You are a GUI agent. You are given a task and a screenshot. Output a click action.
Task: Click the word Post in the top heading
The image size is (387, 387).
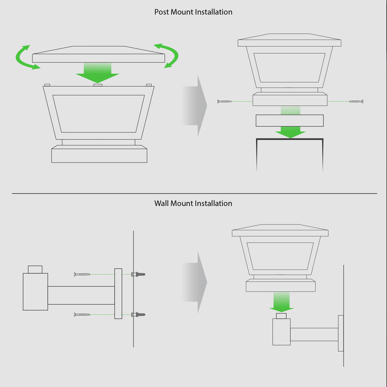click(162, 12)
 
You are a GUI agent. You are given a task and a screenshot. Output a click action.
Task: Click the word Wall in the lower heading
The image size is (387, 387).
click(162, 203)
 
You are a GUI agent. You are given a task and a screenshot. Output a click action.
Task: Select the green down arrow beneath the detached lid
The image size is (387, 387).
click(98, 73)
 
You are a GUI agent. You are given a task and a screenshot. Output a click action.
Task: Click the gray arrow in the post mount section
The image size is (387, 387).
click(194, 106)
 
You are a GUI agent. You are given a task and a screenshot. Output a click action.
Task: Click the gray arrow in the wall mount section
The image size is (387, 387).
click(194, 282)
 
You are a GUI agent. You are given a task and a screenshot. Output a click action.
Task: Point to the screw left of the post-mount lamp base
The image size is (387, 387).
click(224, 101)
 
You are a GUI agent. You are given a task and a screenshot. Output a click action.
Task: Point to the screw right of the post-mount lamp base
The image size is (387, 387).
click(356, 101)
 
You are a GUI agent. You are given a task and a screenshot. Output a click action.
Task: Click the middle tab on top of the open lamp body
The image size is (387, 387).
click(98, 85)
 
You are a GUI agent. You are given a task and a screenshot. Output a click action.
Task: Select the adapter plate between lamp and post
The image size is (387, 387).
click(290, 121)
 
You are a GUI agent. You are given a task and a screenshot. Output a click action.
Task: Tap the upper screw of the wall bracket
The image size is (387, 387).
click(82, 274)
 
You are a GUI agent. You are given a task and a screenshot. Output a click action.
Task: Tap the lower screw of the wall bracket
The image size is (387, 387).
click(82, 314)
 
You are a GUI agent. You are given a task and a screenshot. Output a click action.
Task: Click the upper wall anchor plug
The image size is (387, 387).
click(138, 274)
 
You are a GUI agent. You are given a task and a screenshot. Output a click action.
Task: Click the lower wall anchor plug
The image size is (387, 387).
click(138, 314)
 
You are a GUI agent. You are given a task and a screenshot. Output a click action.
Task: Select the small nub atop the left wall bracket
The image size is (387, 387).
click(35, 270)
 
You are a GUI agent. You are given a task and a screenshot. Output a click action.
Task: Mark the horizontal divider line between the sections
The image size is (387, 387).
click(194, 193)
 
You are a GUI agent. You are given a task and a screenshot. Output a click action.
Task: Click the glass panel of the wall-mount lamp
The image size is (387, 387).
click(280, 256)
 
